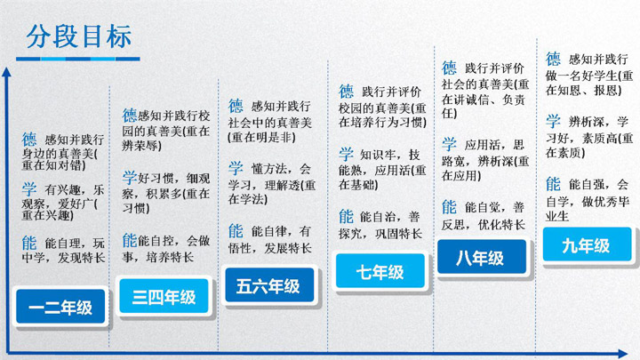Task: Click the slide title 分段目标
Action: pyautogui.click(x=79, y=36)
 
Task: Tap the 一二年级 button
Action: pyautogui.click(x=60, y=307)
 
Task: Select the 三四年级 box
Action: pyautogui.click(x=164, y=296)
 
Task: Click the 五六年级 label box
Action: pyautogui.click(x=269, y=285)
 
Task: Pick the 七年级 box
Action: pyautogui.click(x=380, y=271)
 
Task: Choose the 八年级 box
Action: pyautogui.click(x=482, y=257)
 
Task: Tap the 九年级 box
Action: pyautogui.click(x=587, y=244)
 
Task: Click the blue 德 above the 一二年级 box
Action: pyautogui.click(x=29, y=140)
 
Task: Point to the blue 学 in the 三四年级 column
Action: pyautogui.click(x=130, y=177)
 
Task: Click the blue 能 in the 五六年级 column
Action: pyautogui.click(x=236, y=230)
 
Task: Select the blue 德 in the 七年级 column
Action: pyautogui.click(x=346, y=91)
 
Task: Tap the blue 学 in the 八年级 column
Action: pyautogui.click(x=449, y=144)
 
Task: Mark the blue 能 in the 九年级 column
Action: pyautogui.click(x=553, y=184)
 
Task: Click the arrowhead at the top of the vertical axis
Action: pyautogui.click(x=6, y=71)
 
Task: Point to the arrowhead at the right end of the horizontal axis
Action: pyautogui.click(x=623, y=354)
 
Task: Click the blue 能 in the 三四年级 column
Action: pyautogui.click(x=130, y=240)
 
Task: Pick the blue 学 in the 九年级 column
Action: pyautogui.click(x=553, y=121)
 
